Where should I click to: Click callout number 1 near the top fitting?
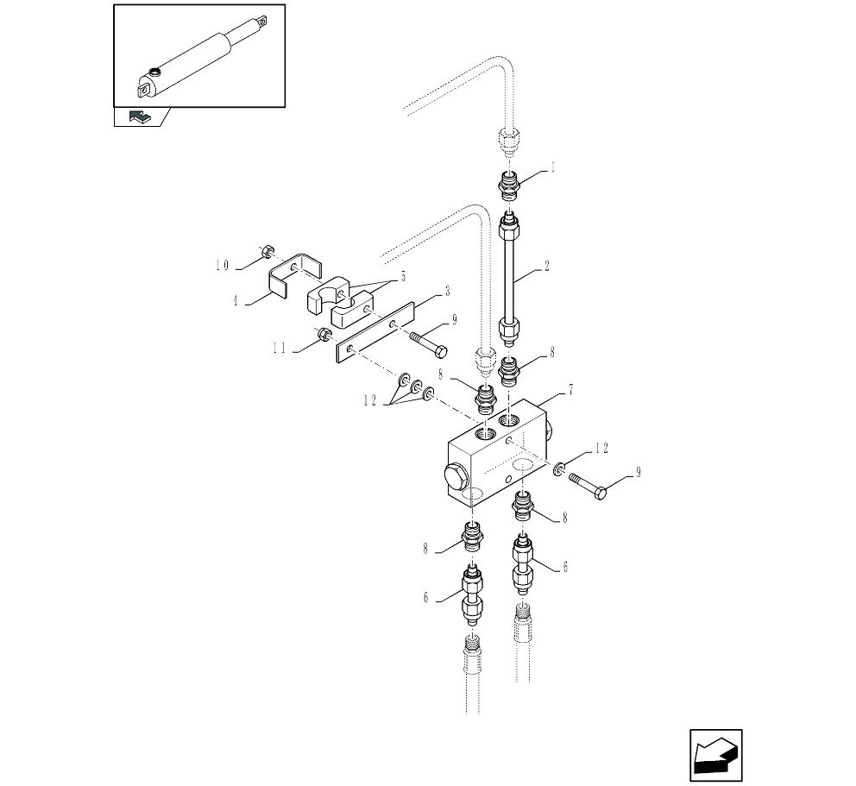coord(553,169)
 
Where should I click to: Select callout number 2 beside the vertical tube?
coord(547,268)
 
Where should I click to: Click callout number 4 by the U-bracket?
coord(236,301)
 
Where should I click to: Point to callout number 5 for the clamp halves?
coord(401,278)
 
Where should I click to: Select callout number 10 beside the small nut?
coord(223,265)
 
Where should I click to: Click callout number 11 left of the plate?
coord(280,349)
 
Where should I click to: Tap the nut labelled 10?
coord(267,252)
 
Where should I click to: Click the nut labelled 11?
coord(324,335)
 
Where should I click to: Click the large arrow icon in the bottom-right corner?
coord(715,756)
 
